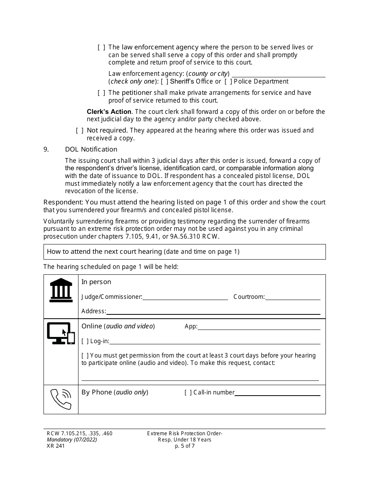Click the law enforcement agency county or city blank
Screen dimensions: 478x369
click(278, 74)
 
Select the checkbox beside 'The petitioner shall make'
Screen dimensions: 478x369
click(101, 93)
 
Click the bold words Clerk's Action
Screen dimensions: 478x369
click(109, 112)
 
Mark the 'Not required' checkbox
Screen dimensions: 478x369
click(80, 131)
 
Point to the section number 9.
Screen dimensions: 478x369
click(46, 150)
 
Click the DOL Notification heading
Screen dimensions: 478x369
click(91, 150)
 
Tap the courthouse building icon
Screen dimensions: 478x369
click(61, 290)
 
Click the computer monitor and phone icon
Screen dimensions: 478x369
click(61, 333)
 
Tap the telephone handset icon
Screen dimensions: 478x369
click(61, 399)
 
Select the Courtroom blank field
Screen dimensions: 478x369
click(292, 297)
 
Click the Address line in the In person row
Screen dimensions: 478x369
click(213, 311)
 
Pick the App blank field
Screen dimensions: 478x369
click(259, 327)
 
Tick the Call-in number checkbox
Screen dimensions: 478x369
click(188, 393)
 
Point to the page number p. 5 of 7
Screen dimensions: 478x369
click(184, 446)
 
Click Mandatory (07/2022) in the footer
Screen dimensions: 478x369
click(70, 440)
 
